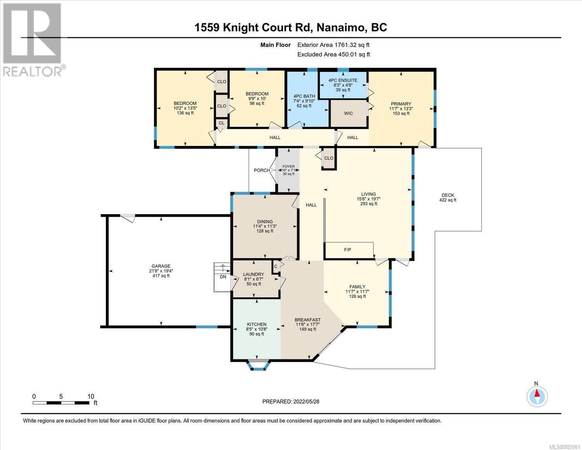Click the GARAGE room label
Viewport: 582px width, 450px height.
[161, 266]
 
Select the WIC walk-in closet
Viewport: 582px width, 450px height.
[348, 113]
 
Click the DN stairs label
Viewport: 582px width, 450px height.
[223, 277]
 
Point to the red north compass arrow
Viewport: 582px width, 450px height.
[537, 393]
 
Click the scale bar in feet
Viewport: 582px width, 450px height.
[61, 403]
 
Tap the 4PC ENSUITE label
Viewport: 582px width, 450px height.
[343, 80]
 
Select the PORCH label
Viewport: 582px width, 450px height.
[262, 170]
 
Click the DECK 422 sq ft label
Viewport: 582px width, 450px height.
[448, 198]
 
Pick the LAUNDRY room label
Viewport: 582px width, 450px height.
[253, 274]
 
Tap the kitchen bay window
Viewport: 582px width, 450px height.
[258, 365]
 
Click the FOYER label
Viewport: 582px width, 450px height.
[288, 167]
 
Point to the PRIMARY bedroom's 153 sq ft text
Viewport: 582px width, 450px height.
[401, 113]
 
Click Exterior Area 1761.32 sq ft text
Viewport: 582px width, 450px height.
[333, 45]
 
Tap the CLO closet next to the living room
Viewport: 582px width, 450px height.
[329, 158]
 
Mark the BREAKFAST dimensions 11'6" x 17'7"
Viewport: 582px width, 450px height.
[307, 324]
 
